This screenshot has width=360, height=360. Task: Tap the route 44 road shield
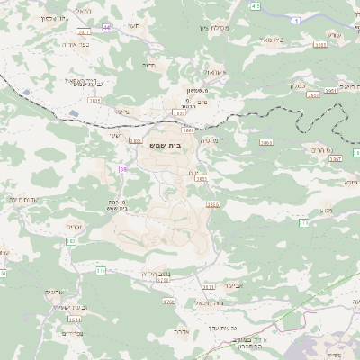click(x=107, y=28)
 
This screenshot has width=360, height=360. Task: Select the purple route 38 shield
click(x=122, y=168)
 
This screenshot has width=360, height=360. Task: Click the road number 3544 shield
click(x=74, y=319)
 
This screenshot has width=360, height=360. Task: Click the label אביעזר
click(x=232, y=284)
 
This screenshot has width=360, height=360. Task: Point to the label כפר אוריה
click(x=75, y=43)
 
